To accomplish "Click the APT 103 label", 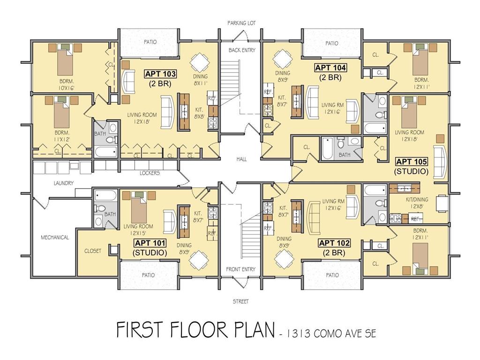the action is coord(160,74).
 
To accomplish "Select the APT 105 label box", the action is coord(412,161).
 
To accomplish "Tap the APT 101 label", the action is coord(150,243).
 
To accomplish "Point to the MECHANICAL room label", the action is coord(55,237).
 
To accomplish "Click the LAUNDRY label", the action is coord(64,183).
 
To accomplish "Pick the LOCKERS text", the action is coord(150,173).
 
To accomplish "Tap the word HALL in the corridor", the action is coord(241,159).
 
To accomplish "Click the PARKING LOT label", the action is coord(241,23).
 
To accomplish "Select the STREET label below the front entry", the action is coord(240,301).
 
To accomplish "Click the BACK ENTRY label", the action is coord(242,50).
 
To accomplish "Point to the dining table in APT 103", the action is coord(200,62).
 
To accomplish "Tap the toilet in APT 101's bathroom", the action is coord(99,208).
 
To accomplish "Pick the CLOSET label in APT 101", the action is coord(93,251).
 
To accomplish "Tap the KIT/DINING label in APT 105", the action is coord(417,199).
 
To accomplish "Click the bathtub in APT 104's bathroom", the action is coord(328,149).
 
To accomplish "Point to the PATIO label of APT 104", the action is coord(332,44).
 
